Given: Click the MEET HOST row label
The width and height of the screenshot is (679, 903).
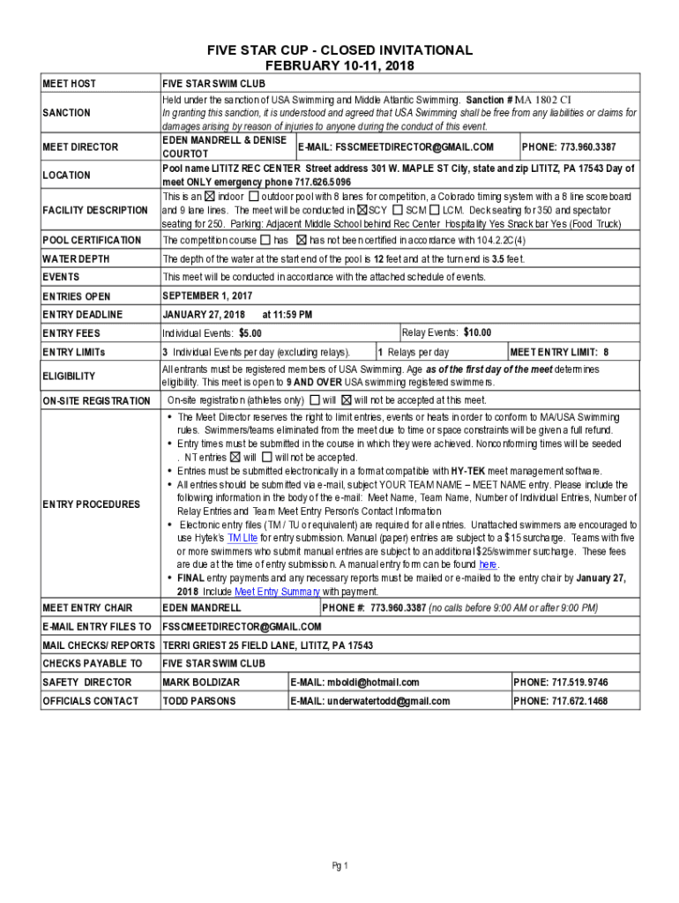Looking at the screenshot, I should [70, 84].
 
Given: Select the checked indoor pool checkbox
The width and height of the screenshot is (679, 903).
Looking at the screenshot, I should [210, 196].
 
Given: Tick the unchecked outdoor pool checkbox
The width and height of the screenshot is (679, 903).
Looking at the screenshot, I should [254, 196].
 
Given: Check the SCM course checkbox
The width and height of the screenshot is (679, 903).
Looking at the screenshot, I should [398, 211].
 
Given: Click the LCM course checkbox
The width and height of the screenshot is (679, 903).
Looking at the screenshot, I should [435, 211].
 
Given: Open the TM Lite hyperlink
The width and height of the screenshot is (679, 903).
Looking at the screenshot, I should [242, 537].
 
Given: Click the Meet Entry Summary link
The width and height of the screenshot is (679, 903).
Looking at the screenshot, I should [276, 592].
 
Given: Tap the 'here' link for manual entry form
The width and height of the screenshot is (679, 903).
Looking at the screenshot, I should [488, 564].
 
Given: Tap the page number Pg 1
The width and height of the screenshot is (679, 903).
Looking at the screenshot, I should [340, 865].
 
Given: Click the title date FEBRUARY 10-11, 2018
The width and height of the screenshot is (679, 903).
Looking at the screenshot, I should [339, 66].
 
